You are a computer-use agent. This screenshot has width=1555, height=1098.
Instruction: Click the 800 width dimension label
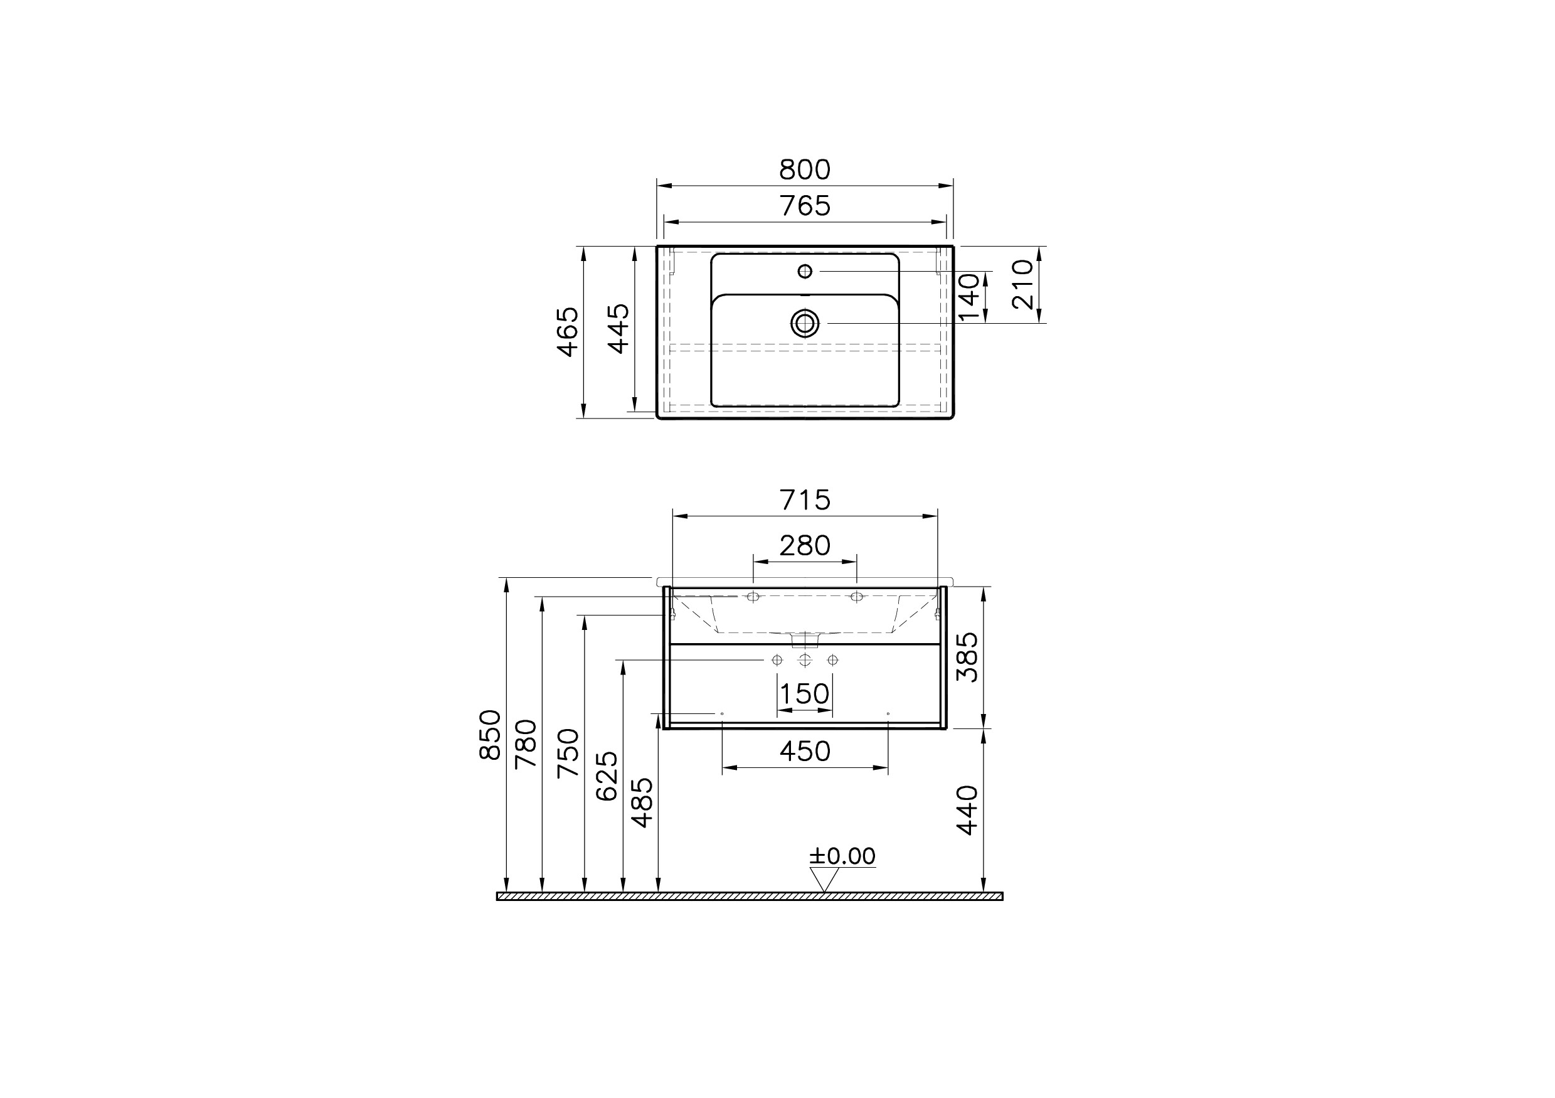[x=805, y=169]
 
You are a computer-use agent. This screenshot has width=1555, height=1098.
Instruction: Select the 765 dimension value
[x=805, y=205]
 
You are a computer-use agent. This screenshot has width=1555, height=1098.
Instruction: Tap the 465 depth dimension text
[x=568, y=332]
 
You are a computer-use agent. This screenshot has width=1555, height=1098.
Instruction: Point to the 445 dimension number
[x=618, y=329]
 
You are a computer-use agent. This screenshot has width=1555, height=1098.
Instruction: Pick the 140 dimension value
[x=969, y=297]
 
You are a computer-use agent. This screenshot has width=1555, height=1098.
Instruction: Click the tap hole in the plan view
[x=805, y=272]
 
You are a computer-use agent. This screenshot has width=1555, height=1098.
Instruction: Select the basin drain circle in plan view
[x=805, y=324]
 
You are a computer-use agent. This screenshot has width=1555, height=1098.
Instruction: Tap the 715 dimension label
[x=805, y=500]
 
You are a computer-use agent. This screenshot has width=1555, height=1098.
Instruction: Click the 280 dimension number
[x=805, y=545]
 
